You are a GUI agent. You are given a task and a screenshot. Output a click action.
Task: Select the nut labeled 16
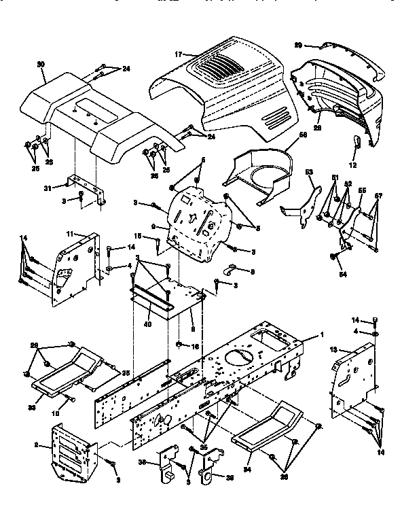(x=179, y=345)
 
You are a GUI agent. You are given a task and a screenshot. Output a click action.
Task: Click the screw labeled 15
(x=158, y=243)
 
